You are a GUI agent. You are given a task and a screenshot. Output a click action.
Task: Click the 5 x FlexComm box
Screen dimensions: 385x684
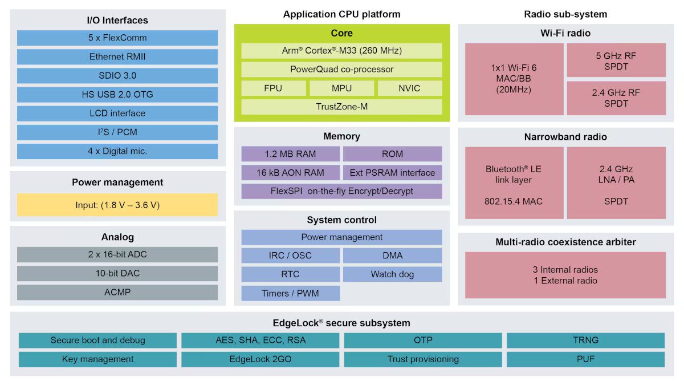117,38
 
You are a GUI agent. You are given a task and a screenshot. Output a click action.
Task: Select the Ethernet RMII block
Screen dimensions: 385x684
117,57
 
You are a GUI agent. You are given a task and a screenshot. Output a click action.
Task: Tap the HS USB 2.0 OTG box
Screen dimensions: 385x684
117,95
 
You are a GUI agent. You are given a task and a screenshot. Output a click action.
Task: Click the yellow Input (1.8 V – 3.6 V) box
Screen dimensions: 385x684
117,205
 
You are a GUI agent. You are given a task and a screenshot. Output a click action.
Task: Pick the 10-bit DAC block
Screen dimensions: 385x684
117,273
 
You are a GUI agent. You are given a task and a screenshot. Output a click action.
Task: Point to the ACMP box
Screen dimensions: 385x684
117,292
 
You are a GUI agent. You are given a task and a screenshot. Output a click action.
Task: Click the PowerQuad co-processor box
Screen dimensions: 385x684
341,70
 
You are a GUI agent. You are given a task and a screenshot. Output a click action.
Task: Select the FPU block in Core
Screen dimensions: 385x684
273,88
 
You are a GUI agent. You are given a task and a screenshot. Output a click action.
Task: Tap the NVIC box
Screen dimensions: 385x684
410,88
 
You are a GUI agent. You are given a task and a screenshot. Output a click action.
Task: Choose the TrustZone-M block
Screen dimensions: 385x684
341,107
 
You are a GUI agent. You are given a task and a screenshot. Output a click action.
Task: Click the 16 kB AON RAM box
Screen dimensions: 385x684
290,173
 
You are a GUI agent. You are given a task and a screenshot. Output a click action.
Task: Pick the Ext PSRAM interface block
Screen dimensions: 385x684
392,173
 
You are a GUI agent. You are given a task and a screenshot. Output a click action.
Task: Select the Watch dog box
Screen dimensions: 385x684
392,274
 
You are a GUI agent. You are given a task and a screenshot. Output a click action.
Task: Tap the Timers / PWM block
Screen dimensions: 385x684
290,293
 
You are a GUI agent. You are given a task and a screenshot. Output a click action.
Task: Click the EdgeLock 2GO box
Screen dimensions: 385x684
260,359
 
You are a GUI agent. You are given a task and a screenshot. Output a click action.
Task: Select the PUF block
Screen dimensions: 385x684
585,359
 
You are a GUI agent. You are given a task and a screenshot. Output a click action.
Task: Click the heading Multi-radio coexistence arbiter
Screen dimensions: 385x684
565,242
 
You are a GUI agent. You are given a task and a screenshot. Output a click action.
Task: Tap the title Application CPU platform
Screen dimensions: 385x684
341,14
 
